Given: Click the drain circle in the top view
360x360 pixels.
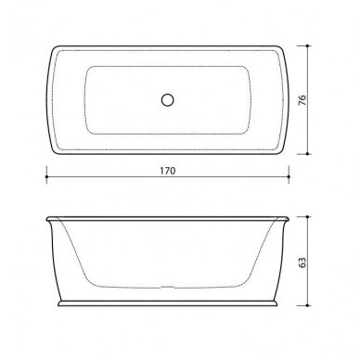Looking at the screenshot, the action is point(168,100).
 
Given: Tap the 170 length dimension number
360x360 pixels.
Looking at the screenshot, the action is point(168,171).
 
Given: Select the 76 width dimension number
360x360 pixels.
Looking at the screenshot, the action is point(302,100).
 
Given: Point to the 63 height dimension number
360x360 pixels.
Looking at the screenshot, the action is point(302,263).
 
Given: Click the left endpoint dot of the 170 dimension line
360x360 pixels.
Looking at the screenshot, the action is point(46,176).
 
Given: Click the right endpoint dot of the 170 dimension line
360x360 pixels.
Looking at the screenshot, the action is point(289,176).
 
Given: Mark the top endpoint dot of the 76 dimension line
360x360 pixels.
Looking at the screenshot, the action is point(307,45).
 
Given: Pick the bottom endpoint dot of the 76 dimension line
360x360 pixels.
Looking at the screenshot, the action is point(307,153).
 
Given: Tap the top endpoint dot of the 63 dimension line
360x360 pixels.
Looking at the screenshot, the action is point(307,217).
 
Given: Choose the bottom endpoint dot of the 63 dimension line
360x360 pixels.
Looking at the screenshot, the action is point(307,305).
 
